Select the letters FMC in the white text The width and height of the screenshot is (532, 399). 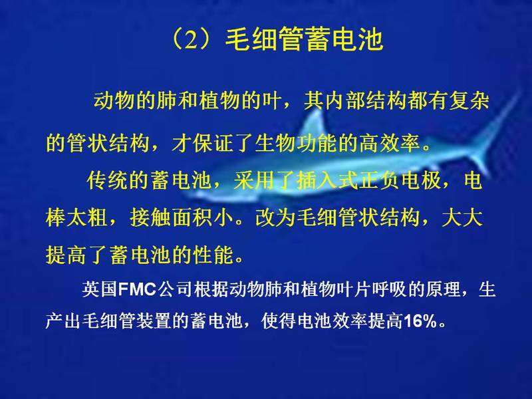pyautogui.click(x=138, y=290)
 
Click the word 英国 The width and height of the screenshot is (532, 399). pyautogui.click(x=99, y=290)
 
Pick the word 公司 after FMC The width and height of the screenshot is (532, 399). pyautogui.click(x=175, y=290)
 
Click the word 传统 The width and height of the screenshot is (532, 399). pyautogui.click(x=108, y=180)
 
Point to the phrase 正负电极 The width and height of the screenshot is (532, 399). pyautogui.click(x=400, y=180)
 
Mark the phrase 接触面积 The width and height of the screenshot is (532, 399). pyautogui.click(x=172, y=217)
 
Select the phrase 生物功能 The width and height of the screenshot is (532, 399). pyautogui.click(x=296, y=143)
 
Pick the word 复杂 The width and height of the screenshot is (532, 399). pyautogui.click(x=469, y=101)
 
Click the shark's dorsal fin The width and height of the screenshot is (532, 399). pyautogui.click(x=314, y=126)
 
